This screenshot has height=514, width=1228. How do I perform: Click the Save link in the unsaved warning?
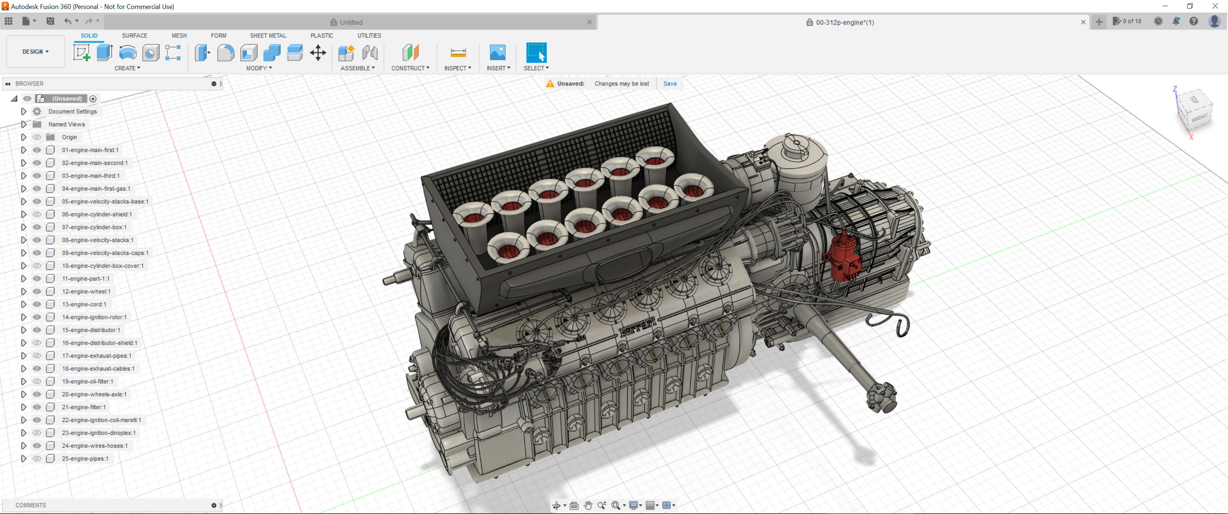click(669, 84)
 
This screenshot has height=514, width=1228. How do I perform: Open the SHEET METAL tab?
click(268, 35)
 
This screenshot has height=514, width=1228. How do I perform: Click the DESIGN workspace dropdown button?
click(35, 51)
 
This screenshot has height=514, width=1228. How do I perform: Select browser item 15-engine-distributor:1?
click(91, 330)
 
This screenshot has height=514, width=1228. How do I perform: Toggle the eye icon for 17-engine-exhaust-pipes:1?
click(37, 356)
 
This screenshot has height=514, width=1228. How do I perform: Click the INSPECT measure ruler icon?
click(458, 52)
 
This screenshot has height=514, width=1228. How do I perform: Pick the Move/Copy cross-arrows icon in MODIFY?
click(318, 52)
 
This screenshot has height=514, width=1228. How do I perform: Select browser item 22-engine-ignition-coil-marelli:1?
click(101, 420)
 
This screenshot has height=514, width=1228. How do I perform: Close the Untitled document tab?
click(589, 22)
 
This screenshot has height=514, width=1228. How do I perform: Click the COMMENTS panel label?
click(30, 505)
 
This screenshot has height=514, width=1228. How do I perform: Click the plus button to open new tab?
click(1098, 22)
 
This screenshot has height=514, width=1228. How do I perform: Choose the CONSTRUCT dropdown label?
click(409, 68)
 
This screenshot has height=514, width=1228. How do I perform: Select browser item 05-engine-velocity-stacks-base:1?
click(105, 202)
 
